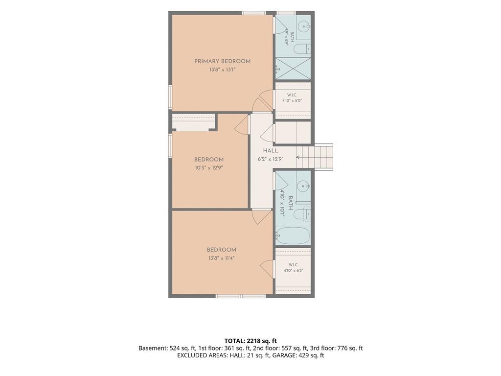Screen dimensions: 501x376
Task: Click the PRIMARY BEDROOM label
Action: [x=223, y=61]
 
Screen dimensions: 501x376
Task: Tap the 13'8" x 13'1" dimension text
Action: [x=223, y=70]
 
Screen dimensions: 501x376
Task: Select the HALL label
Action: [x=270, y=151]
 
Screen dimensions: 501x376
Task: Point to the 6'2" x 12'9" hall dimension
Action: [x=270, y=159]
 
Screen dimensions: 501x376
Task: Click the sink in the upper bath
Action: [x=303, y=25]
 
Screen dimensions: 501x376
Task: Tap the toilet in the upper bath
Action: [x=302, y=49]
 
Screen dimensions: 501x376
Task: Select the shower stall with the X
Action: [x=293, y=68]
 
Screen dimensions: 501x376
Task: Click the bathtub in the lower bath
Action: [x=293, y=236]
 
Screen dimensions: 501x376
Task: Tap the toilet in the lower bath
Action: [x=302, y=214]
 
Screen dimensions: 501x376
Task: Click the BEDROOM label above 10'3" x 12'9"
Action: [x=209, y=159]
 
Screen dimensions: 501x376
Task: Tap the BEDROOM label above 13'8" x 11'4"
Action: [x=222, y=250]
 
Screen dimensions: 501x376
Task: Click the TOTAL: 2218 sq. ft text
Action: [x=250, y=341]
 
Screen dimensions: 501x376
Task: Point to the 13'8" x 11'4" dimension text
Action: [x=222, y=258]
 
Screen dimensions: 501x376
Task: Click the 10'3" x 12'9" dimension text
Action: [x=209, y=167]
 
